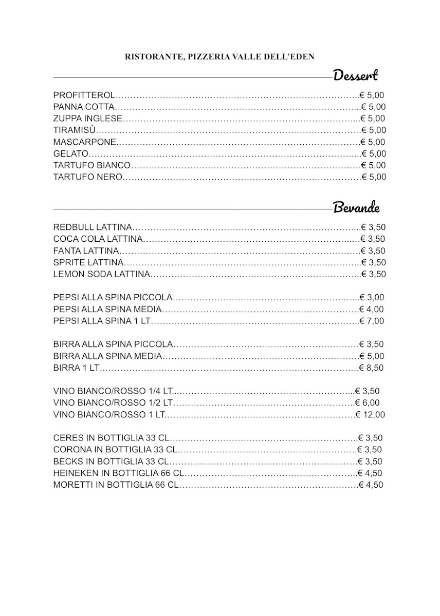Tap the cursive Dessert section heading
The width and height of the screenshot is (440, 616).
click(x=356, y=75)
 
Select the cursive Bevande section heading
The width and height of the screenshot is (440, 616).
click(x=356, y=208)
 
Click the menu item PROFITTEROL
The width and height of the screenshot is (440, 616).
click(x=84, y=95)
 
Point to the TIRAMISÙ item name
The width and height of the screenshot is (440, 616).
click(x=75, y=130)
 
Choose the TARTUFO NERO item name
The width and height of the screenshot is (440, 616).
click(x=88, y=177)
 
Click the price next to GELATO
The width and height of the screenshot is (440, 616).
click(x=374, y=153)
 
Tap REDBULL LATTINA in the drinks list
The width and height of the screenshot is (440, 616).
click(x=93, y=227)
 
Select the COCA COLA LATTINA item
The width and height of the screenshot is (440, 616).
click(x=97, y=239)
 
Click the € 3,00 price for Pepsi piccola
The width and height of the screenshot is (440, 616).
click(x=372, y=297)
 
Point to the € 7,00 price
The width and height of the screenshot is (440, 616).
click(x=372, y=321)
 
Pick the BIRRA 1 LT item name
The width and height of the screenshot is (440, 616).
click(x=76, y=368)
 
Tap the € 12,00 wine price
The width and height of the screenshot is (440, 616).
click(x=370, y=414)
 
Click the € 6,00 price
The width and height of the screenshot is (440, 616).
click(x=368, y=402)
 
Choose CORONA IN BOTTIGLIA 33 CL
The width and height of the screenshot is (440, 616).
click(x=115, y=450)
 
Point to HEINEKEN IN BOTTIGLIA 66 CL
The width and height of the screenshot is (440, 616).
click(x=119, y=473)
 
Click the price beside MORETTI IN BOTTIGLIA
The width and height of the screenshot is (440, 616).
click(x=371, y=485)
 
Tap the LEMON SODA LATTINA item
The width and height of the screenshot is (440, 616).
click(x=101, y=274)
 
